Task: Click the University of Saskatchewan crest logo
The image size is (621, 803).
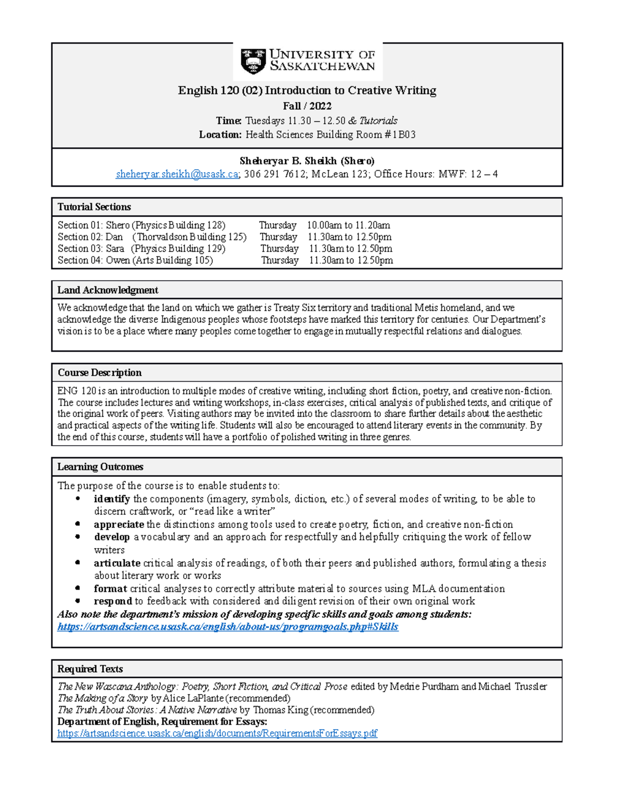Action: tap(253, 61)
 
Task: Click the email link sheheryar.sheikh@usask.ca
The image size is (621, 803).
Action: tap(177, 174)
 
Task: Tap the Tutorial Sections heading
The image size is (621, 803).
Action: tap(94, 207)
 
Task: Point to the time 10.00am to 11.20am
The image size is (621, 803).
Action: tap(348, 225)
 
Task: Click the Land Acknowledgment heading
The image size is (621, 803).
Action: tap(107, 290)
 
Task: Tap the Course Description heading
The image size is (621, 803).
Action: tap(99, 373)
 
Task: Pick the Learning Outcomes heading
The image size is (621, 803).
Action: tap(100, 467)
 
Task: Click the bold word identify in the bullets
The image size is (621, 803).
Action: tap(112, 499)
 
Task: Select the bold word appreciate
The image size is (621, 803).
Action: tap(119, 524)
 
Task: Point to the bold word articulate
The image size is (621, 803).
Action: tap(117, 563)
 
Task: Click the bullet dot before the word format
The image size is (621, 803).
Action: tap(78, 588)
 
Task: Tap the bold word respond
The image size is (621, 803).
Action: tap(113, 601)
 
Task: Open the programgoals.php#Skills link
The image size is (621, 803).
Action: tap(228, 627)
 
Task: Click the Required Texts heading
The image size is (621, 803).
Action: tap(90, 669)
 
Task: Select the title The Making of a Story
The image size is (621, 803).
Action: tap(102, 699)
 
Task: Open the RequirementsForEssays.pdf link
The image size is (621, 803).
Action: tap(217, 734)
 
